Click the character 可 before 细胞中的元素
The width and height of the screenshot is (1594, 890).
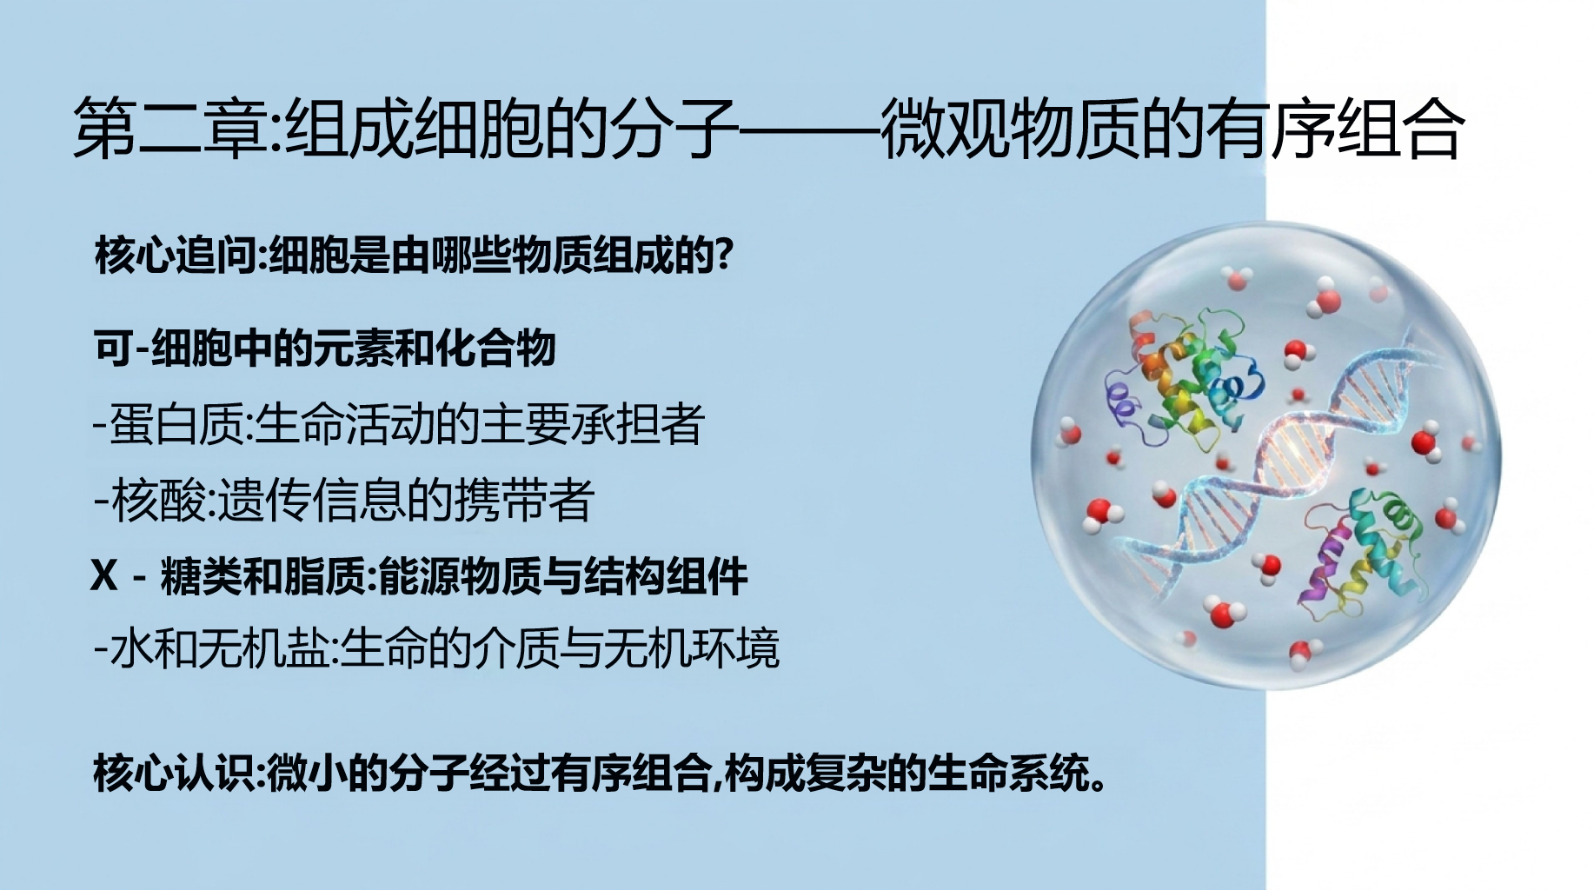113,349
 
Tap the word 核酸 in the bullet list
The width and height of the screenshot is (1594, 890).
158,501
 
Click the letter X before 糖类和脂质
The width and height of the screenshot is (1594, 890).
103,576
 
